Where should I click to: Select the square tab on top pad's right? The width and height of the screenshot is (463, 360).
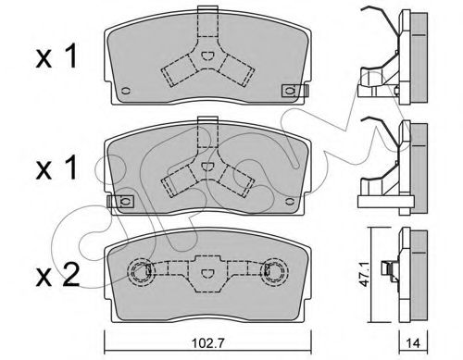click(290, 90)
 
